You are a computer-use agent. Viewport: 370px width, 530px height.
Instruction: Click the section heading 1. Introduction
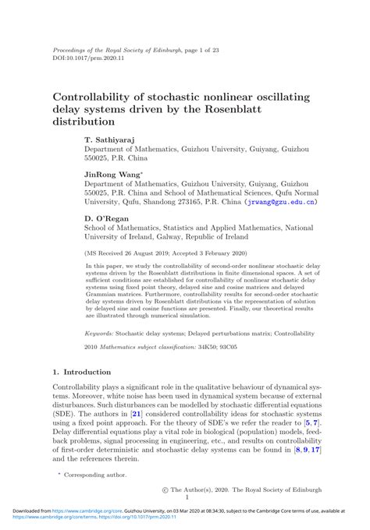81,373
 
